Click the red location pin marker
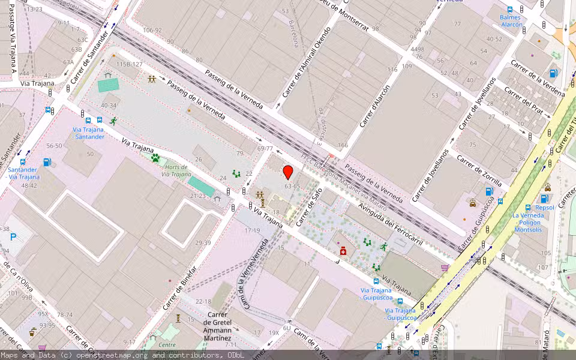[288, 172]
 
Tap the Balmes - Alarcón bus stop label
[511, 21]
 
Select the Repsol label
[545, 208]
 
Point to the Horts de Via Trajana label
[176, 171]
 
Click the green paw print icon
[155, 158]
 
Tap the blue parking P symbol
[13, 237]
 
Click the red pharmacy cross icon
[343, 251]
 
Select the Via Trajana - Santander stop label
[89, 133]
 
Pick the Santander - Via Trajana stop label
[23, 173]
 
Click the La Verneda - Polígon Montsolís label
[527, 223]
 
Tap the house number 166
[343, 145]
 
